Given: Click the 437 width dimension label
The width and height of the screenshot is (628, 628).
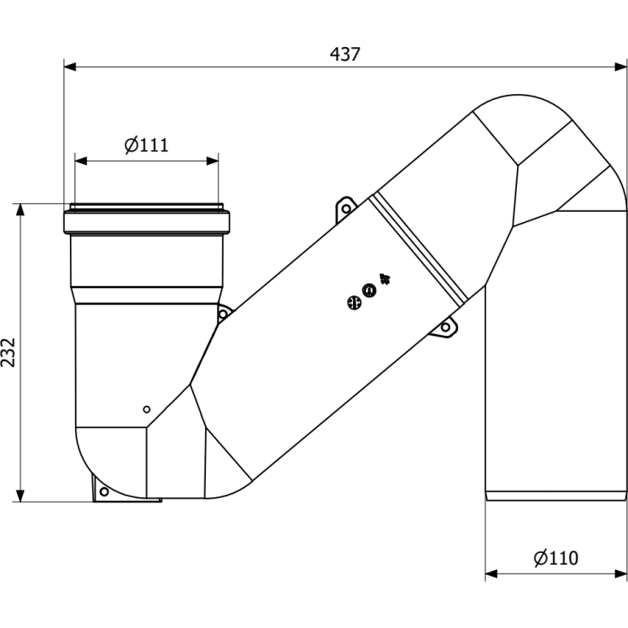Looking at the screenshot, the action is (x=345, y=55).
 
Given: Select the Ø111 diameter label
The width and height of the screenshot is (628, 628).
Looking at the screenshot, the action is (x=147, y=145).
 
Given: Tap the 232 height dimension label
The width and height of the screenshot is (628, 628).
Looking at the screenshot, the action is (x=9, y=352).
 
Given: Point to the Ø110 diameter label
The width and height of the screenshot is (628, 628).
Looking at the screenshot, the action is (x=556, y=558).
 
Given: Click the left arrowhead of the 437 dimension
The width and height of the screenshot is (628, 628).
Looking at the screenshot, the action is (x=70, y=67).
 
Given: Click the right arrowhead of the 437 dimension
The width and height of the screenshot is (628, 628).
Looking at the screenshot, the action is (x=621, y=67).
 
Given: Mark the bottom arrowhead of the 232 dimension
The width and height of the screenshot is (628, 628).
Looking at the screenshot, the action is (x=20, y=496).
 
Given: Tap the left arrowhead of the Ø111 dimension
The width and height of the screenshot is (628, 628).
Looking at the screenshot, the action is (x=81, y=161).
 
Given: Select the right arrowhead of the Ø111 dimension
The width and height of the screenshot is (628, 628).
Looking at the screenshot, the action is (x=212, y=161).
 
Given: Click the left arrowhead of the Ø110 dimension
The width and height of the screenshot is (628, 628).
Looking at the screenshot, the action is (x=491, y=574).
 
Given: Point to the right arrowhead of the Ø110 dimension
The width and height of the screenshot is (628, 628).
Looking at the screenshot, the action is (x=621, y=574).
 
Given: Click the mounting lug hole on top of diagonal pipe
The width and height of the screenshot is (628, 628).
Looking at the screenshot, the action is (x=346, y=208).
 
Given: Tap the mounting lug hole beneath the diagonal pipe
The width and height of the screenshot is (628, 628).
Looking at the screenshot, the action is (x=445, y=327).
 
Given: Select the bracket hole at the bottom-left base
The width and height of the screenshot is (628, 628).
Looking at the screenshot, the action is (x=103, y=491).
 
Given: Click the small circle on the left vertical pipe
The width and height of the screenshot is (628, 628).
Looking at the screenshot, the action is (x=147, y=409).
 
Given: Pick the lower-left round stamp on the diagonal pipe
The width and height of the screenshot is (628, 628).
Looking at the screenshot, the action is (x=354, y=303).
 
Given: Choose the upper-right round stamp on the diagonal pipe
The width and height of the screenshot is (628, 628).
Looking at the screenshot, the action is (x=369, y=290).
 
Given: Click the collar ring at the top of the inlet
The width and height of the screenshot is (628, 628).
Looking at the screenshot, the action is (x=147, y=222).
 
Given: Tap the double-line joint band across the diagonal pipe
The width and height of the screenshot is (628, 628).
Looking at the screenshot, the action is (x=418, y=249).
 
